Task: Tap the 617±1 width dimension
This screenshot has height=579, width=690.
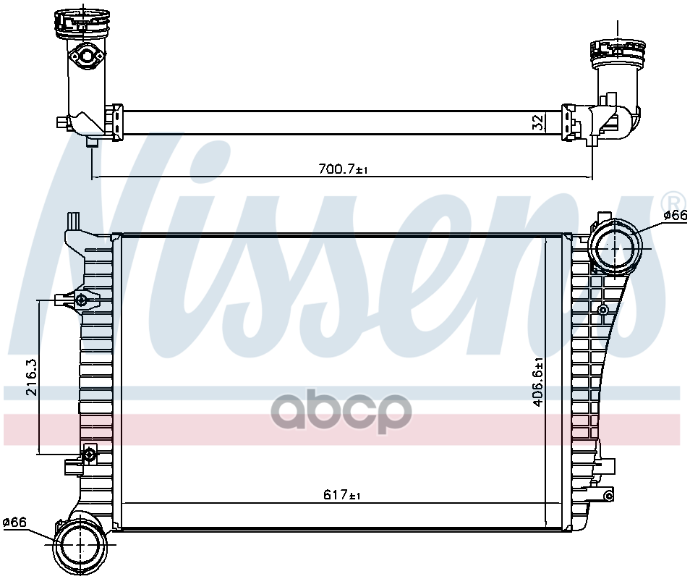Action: pos(342,496)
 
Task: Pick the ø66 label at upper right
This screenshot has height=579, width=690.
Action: pos(674,215)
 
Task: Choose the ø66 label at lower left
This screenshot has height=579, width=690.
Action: pos(14,522)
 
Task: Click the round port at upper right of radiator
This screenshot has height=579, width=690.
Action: pos(615,247)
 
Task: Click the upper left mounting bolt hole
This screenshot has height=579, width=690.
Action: pos(81,300)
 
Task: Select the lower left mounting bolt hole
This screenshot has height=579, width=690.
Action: pos(89,455)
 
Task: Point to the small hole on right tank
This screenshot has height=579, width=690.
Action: pos(602,310)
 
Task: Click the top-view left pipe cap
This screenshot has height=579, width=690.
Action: pos(80,22)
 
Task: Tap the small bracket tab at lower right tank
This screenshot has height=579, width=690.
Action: pos(608,495)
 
